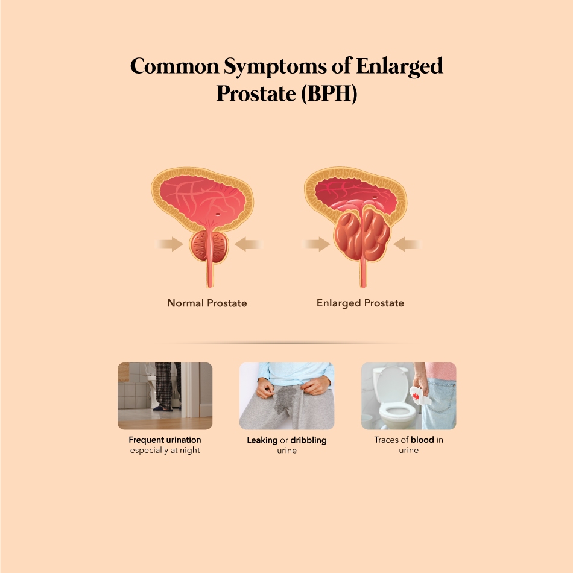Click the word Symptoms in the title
[x=275, y=67]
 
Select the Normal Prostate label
[x=207, y=303]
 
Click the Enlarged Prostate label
[x=360, y=303]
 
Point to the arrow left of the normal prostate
[x=169, y=244]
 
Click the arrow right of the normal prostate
[x=249, y=244]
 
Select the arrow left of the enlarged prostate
[x=316, y=244]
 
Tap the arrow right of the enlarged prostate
[x=408, y=244]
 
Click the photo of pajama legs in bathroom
[x=165, y=396]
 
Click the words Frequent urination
[x=165, y=440]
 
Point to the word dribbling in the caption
[x=308, y=440]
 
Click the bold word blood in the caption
[x=422, y=440]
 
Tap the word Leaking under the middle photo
[x=262, y=440]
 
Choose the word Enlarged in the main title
[x=399, y=67]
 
